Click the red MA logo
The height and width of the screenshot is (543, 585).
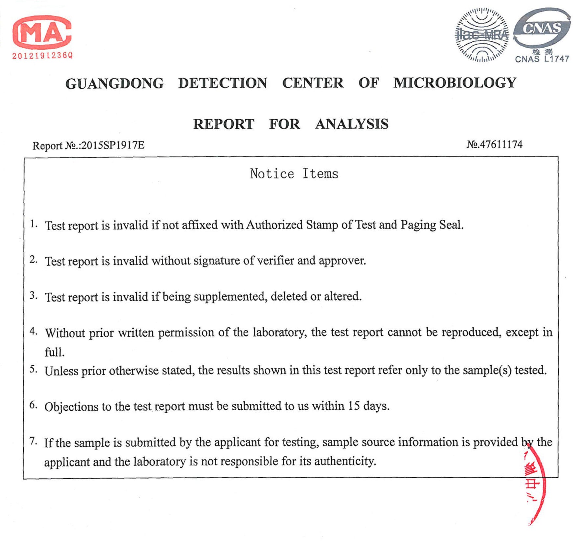42,32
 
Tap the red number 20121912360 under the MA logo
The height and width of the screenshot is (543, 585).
42,56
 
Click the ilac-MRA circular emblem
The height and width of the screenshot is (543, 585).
481,35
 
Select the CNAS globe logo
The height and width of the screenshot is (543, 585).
542,28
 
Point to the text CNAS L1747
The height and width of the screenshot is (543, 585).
542,59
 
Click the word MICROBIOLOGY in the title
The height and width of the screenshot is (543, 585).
455,83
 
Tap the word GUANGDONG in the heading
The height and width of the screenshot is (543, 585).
114,83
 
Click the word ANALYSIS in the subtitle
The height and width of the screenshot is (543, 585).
352,124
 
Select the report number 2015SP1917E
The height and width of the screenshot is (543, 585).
113,145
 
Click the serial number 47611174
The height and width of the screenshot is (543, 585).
501,145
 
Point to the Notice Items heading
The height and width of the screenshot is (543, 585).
294,173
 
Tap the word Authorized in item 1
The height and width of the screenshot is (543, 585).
274,225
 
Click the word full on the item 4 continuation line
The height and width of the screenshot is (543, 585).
54,352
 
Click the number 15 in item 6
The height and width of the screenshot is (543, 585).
354,406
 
